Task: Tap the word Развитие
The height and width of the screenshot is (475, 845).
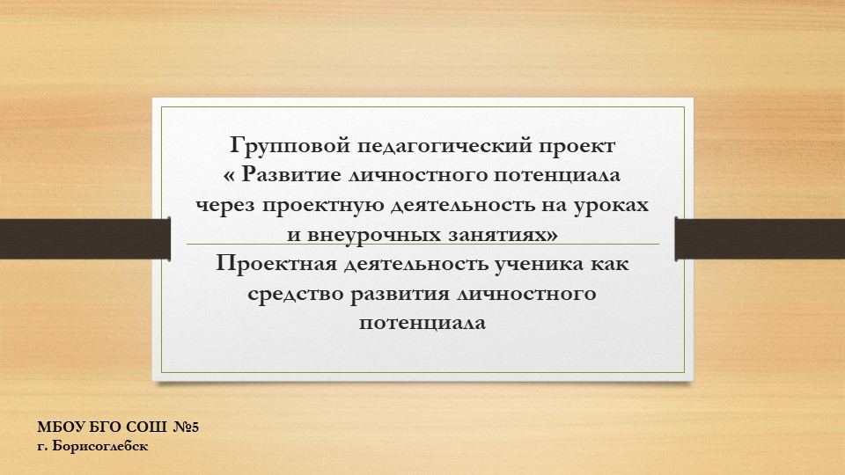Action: [291, 174]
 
